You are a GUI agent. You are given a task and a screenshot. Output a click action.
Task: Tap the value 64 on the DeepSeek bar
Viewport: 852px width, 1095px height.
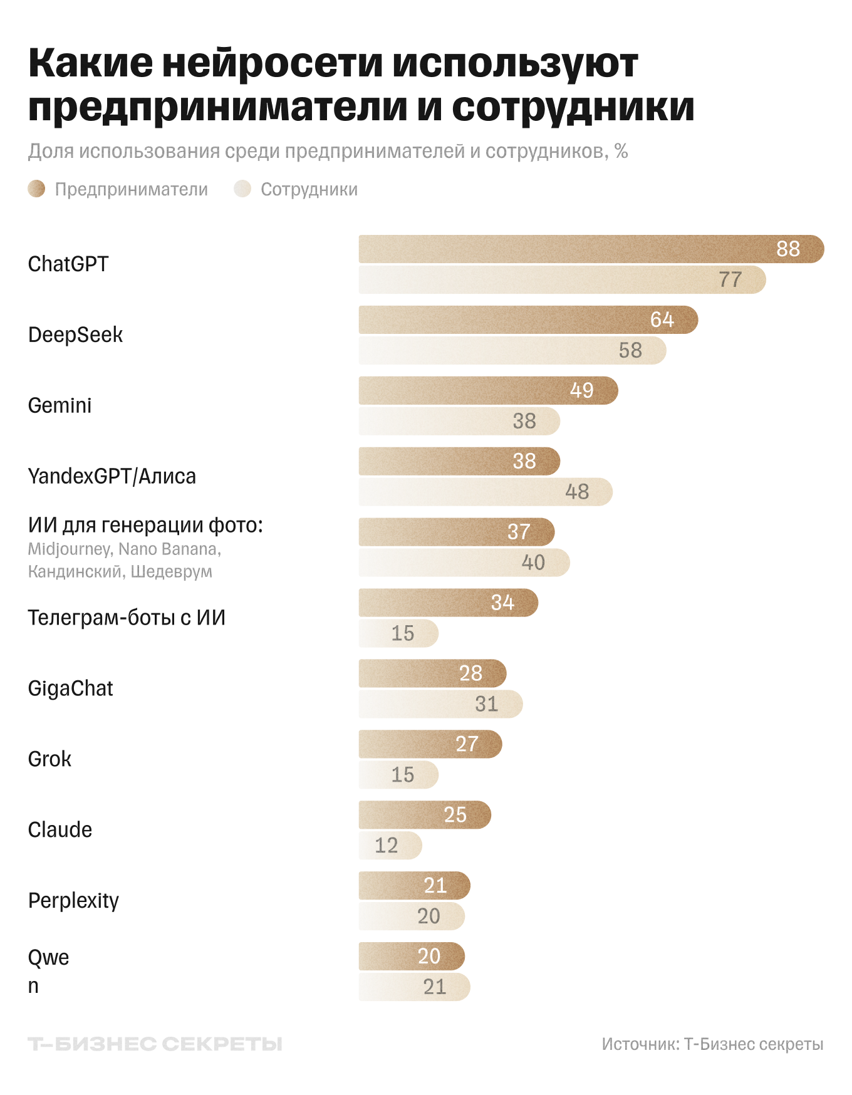pos(662,319)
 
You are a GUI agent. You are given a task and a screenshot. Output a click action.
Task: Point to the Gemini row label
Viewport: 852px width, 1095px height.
pos(60,405)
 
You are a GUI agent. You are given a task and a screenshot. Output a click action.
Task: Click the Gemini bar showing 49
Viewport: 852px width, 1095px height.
pos(488,390)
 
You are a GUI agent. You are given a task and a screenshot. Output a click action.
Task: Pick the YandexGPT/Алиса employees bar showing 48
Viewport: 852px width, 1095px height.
pos(486,492)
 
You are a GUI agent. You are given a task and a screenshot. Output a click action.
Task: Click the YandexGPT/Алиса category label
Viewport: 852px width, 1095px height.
pos(112,476)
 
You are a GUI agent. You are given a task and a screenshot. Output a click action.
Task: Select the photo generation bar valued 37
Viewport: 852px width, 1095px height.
pos(456,532)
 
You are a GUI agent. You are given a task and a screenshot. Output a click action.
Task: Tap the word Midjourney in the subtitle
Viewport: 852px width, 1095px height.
pos(70,549)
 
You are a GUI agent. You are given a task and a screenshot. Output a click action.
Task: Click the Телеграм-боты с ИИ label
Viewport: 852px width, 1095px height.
pos(127,618)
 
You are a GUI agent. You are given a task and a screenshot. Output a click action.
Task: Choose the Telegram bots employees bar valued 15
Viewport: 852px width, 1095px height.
pos(398,633)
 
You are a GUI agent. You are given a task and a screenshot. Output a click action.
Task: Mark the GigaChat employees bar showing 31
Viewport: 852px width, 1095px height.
pos(440,704)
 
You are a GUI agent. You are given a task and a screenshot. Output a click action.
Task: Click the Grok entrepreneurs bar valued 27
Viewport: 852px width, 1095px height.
pos(430,744)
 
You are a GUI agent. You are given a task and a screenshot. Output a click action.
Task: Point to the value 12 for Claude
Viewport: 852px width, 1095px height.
pos(386,846)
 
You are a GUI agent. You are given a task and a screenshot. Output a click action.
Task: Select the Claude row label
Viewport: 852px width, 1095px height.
pos(60,829)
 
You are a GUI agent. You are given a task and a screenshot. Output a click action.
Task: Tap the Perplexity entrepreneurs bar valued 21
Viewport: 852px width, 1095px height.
pos(414,885)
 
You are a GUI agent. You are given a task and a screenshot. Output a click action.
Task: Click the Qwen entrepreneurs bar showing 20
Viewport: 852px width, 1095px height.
pos(412,956)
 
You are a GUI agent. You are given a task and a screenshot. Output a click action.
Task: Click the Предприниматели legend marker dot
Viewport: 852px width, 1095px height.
pos(37,189)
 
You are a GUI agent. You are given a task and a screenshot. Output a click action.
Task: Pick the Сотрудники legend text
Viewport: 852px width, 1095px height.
pos(309,189)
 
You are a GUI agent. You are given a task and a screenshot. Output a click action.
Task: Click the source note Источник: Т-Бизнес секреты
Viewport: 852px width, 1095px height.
pos(712,1044)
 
